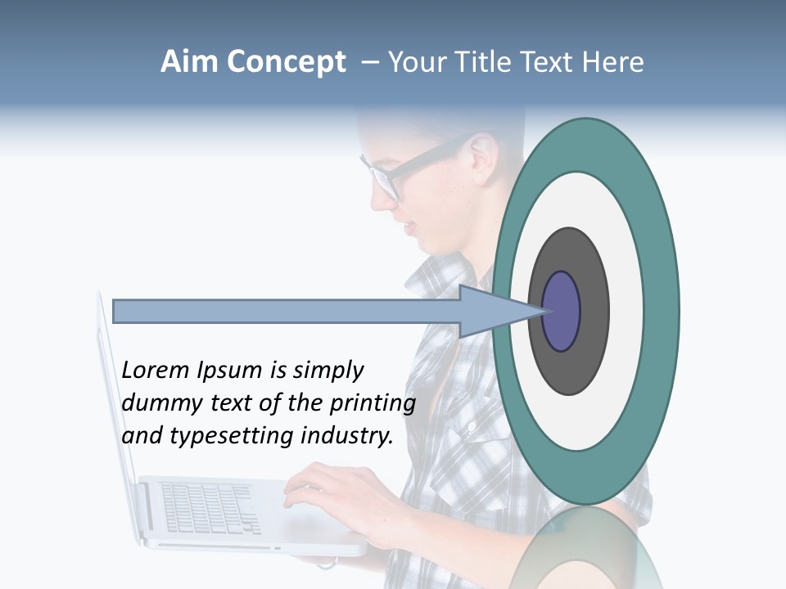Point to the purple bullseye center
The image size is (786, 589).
click(x=561, y=312)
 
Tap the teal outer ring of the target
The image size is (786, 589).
click(x=659, y=312)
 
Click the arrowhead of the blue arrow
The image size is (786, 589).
click(x=491, y=312)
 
